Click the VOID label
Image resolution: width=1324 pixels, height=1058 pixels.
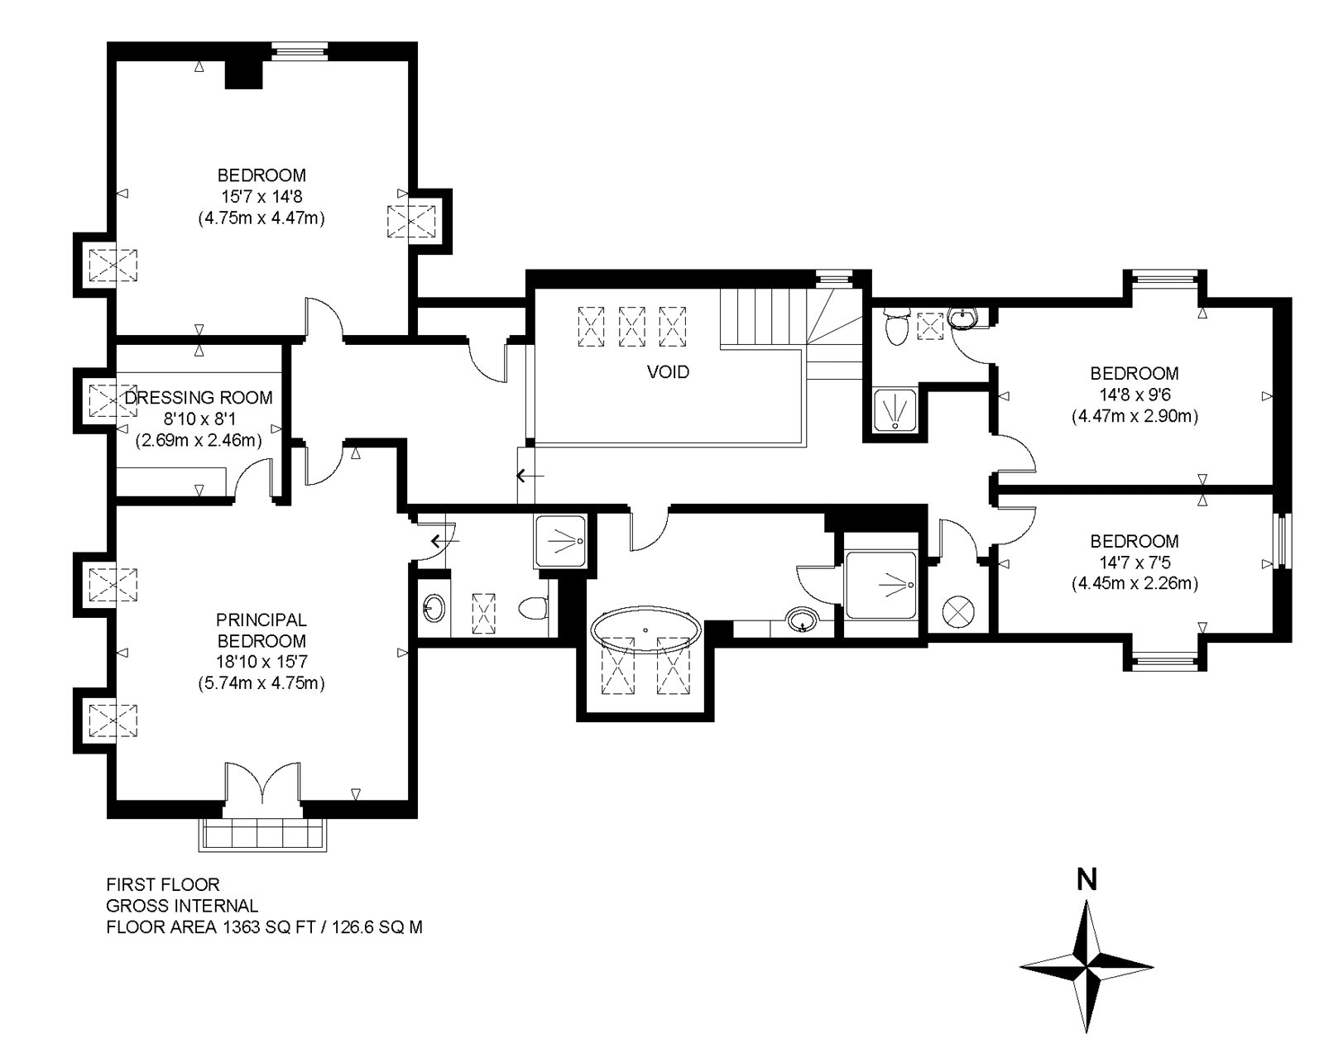tap(667, 372)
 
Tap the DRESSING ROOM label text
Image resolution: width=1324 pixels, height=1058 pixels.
tap(199, 398)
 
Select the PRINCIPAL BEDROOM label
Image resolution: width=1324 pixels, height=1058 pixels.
tap(261, 630)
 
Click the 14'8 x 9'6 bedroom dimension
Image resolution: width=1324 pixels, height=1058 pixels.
tap(1134, 395)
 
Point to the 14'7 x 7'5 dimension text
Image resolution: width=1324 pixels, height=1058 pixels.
tap(1134, 563)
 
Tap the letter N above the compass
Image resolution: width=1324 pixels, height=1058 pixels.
tap(1087, 879)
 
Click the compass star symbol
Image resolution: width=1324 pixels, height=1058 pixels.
tap(1087, 966)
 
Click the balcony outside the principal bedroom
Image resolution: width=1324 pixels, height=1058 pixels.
tap(260, 834)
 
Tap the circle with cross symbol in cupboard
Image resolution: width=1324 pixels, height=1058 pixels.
tap(958, 613)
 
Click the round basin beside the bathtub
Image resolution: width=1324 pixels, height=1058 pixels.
tap(800, 620)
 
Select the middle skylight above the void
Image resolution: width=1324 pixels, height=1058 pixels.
tap(633, 326)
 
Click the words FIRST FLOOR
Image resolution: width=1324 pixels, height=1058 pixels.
tap(162, 885)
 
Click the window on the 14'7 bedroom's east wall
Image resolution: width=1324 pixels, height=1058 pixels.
tap(1282, 541)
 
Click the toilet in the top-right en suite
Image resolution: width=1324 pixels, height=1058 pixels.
tap(895, 328)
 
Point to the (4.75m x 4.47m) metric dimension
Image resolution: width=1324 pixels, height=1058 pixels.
tap(261, 219)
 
